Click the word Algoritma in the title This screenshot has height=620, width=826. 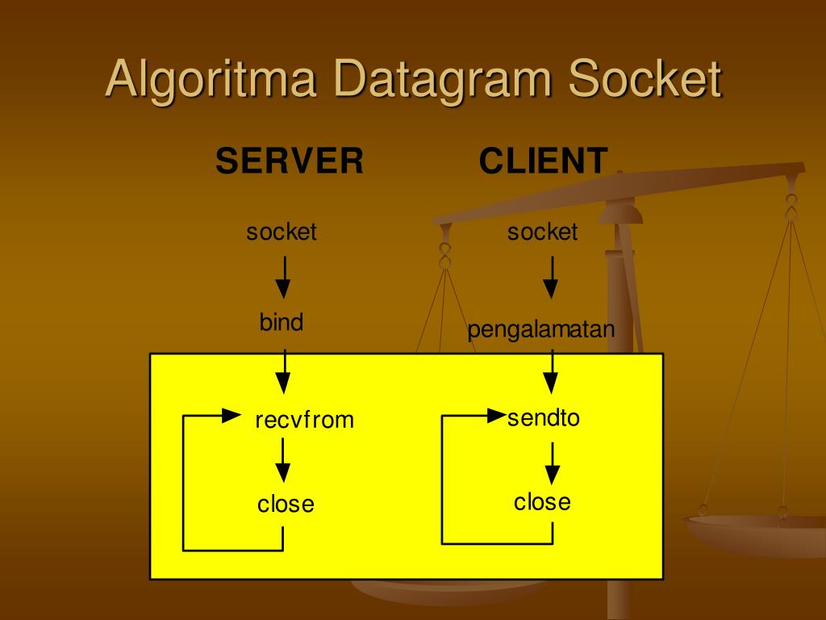point(212,80)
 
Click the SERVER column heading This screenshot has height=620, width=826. point(290,161)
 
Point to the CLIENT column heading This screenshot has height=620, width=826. point(543,161)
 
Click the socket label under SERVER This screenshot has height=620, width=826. point(282,232)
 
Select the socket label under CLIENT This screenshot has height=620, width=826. point(543,232)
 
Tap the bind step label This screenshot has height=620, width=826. point(282,323)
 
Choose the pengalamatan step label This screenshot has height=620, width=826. point(541,330)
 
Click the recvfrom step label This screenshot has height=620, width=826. point(305,420)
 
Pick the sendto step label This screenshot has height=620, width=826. point(544,418)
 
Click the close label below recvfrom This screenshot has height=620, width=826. point(286,505)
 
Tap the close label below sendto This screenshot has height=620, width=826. point(542,502)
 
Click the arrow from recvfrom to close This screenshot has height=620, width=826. point(282,463)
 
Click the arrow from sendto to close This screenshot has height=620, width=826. point(552,464)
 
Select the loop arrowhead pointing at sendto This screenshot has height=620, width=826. point(497,417)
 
